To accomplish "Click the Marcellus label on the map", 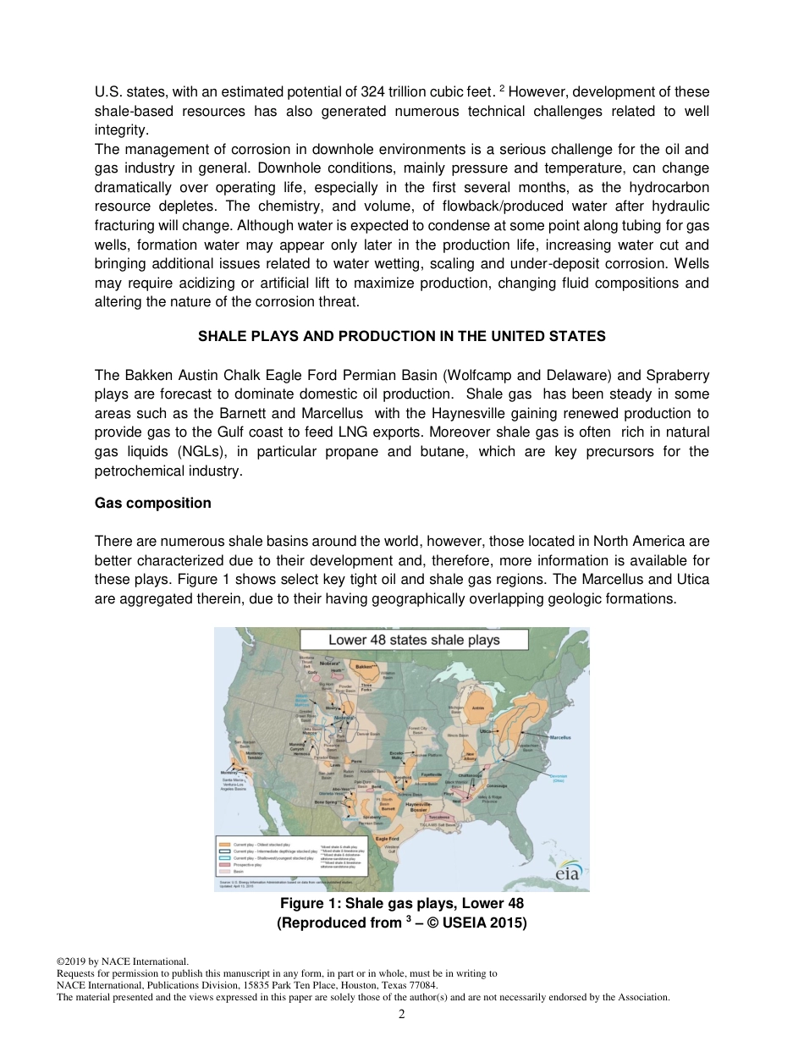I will click(x=559, y=737).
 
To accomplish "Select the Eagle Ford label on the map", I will click(x=388, y=838).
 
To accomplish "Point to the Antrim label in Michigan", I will click(x=477, y=708).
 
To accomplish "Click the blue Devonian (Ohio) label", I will click(x=559, y=778).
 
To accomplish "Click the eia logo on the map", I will click(x=566, y=872).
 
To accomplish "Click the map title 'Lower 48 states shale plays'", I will click(x=414, y=640).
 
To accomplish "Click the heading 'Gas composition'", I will click(x=152, y=503).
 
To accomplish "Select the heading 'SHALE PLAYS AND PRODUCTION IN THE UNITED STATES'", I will click(x=401, y=336).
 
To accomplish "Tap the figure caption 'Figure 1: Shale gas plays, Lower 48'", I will click(x=401, y=904).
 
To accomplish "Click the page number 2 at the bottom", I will click(x=402, y=1014).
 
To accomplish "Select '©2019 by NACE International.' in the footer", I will click(x=122, y=961).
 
